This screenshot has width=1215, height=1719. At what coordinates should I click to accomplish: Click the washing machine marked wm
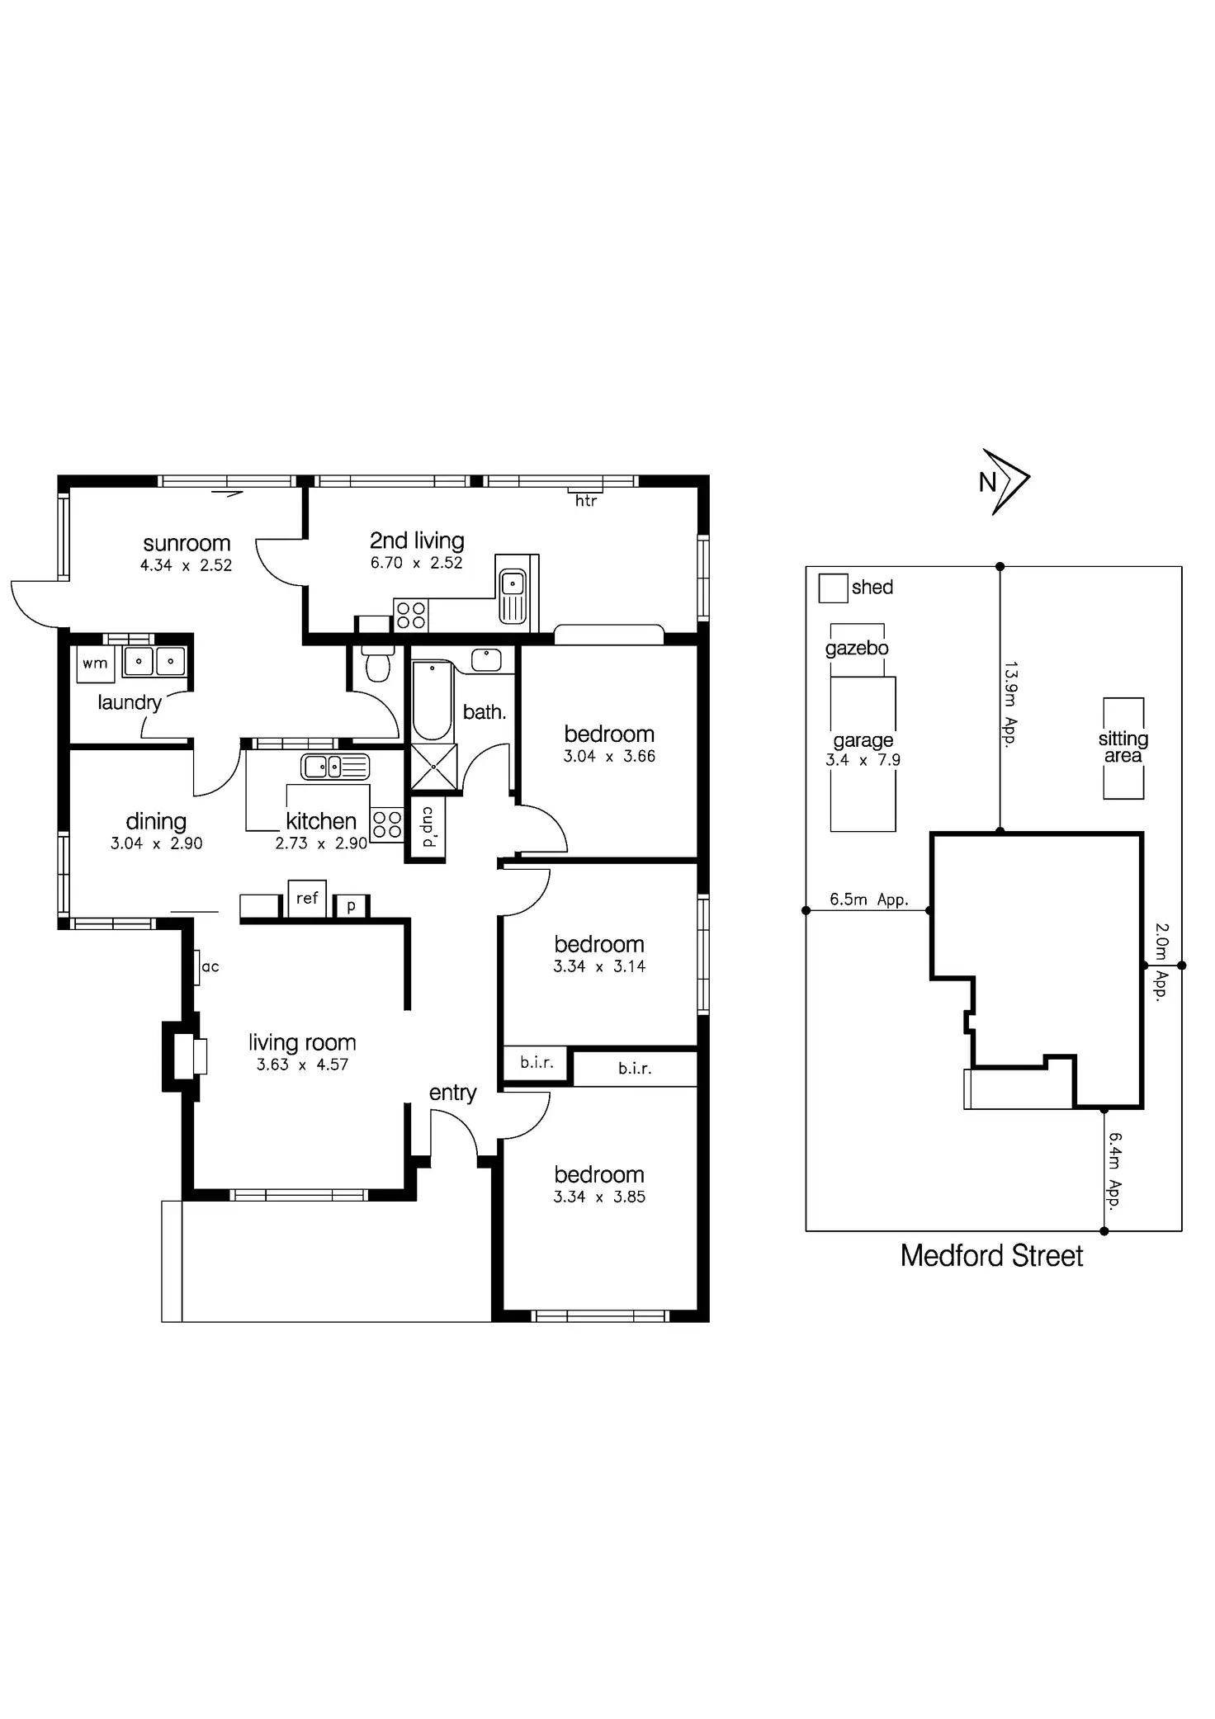(x=95, y=664)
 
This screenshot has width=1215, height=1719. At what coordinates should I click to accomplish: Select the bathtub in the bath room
(x=432, y=701)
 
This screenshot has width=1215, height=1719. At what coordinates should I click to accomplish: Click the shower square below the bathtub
(x=433, y=766)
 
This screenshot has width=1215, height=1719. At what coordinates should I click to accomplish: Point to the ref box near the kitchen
(x=307, y=898)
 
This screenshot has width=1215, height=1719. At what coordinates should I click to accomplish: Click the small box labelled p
(x=351, y=906)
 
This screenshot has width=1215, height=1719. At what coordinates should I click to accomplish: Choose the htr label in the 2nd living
(x=586, y=500)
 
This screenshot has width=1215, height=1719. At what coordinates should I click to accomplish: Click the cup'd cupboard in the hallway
(x=427, y=828)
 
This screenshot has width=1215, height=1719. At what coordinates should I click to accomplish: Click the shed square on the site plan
(x=833, y=588)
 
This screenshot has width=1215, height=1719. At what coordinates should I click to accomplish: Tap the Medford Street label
(x=991, y=1255)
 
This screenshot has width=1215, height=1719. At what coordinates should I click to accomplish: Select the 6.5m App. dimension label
(x=869, y=899)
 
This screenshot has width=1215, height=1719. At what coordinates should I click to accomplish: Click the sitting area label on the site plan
(x=1123, y=747)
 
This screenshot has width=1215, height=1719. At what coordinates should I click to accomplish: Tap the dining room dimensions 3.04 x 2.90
(x=156, y=843)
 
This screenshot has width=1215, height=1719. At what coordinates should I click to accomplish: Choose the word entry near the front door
(x=452, y=1093)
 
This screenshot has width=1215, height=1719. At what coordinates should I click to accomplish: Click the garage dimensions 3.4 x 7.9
(x=863, y=760)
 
